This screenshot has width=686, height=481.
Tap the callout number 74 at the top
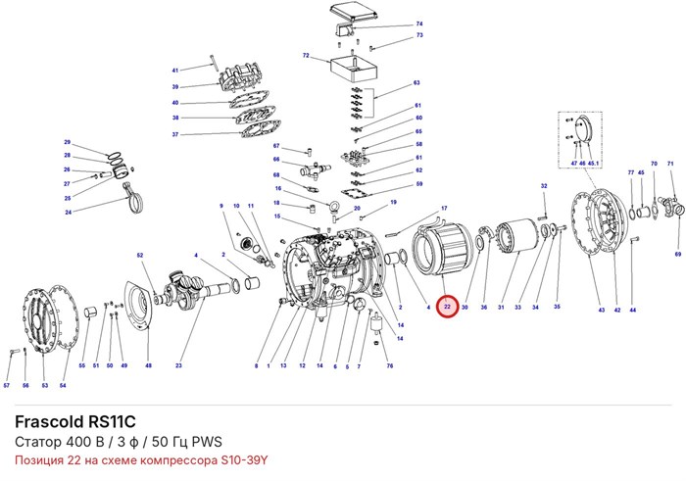[x=419, y=24]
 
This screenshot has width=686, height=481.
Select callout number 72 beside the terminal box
[x=306, y=56]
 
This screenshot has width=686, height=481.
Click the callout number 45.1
[x=593, y=163]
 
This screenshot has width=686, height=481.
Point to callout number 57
[x=7, y=385]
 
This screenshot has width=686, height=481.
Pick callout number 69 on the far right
[x=678, y=254]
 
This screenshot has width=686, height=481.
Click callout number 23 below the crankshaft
[x=178, y=365]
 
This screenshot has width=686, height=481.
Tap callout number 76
[x=390, y=365]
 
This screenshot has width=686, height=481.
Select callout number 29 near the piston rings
[x=67, y=142]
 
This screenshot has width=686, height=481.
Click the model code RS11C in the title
[x=112, y=421]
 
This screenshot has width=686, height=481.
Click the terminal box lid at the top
[x=354, y=12]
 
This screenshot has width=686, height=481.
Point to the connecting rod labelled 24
[x=135, y=199]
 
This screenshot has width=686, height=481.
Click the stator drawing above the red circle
[x=442, y=249]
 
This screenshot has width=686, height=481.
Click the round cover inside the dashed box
[x=583, y=128]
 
